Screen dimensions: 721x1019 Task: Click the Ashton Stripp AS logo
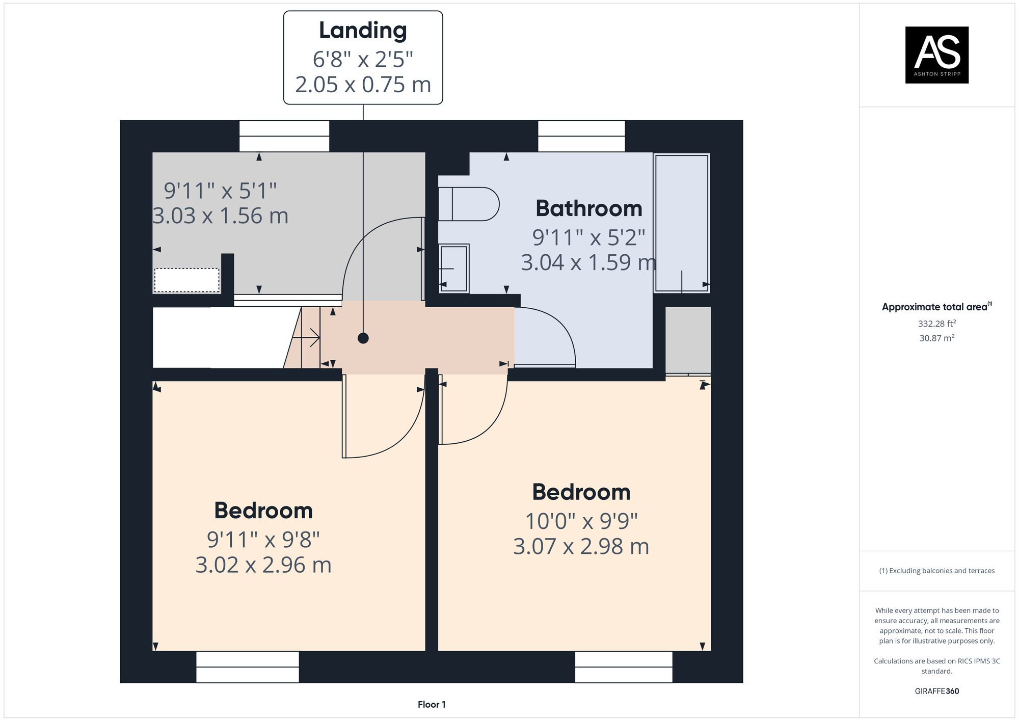(x=936, y=55)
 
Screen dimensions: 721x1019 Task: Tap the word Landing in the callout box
(x=363, y=31)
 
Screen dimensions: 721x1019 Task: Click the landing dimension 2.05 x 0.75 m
(x=363, y=85)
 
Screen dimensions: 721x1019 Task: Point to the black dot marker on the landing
(x=363, y=338)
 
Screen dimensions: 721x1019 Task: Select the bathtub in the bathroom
(x=681, y=223)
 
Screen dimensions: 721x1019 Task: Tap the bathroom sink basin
(x=453, y=268)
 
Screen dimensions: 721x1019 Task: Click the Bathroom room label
(x=588, y=208)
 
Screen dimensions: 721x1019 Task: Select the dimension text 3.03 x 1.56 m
(x=221, y=216)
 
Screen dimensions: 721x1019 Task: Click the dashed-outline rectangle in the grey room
(x=187, y=280)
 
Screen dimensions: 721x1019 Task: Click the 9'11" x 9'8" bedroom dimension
(x=263, y=540)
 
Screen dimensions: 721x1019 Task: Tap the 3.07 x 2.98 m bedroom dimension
(x=581, y=547)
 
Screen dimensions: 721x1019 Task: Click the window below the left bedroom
(x=248, y=666)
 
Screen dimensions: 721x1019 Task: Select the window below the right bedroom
(x=624, y=666)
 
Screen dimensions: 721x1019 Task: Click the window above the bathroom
(x=581, y=136)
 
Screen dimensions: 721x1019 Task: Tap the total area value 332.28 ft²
(x=936, y=324)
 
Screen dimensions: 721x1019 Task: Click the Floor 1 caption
(x=432, y=705)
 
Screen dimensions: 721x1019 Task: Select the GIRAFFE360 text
(x=936, y=691)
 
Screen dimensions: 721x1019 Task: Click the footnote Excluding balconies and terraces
(x=936, y=571)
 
